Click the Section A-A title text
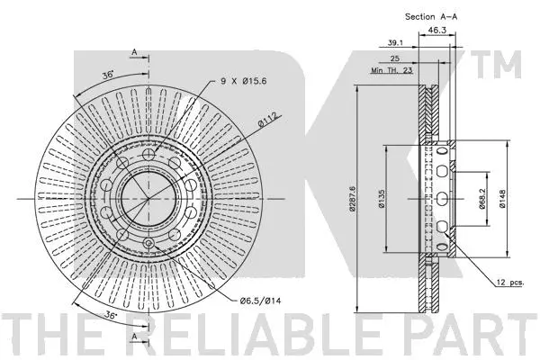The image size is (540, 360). click(x=431, y=16)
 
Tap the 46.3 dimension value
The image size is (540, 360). click(x=436, y=31)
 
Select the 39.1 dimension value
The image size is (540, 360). click(x=395, y=42)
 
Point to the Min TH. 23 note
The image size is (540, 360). click(x=391, y=70)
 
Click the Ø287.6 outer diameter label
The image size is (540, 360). click(x=352, y=198)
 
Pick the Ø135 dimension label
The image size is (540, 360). click(x=382, y=199)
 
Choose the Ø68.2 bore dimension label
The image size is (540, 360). click(x=481, y=199)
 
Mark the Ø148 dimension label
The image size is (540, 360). click(x=502, y=199)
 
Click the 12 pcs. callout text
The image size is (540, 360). click(x=509, y=283)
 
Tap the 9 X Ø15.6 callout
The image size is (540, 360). click(x=244, y=81)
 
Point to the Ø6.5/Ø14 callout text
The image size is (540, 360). click(x=260, y=301)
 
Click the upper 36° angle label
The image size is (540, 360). click(x=108, y=75)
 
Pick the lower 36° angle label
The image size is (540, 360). click(x=111, y=315)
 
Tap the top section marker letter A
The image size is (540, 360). click(x=134, y=52)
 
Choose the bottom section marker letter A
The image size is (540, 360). click(x=134, y=337)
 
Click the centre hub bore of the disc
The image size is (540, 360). click(x=148, y=199)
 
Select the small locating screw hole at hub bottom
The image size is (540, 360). click(x=148, y=243)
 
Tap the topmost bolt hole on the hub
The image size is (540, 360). click(x=148, y=154)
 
